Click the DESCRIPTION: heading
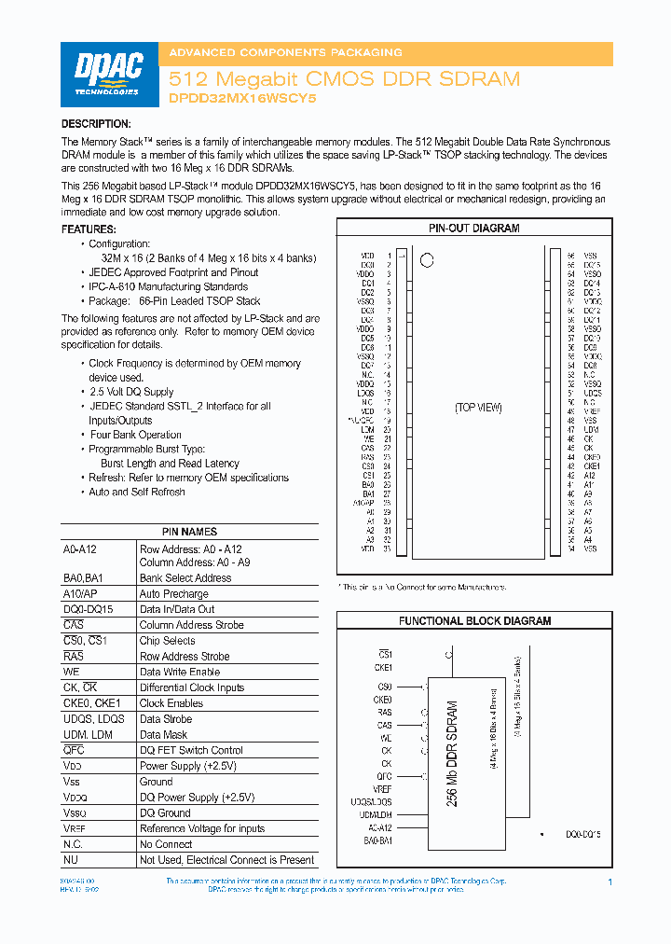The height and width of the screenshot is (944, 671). click(96, 124)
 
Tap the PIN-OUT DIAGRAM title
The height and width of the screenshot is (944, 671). click(473, 229)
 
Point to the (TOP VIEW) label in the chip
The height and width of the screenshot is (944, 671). click(478, 408)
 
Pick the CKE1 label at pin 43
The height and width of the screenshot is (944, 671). click(592, 466)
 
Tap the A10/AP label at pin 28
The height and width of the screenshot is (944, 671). click(363, 503)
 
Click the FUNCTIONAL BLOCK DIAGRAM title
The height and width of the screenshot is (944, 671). click(474, 620)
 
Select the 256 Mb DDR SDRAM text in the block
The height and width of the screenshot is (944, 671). click(452, 754)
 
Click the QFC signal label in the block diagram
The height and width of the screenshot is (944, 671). click(384, 775)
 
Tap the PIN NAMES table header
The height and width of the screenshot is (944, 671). click(190, 532)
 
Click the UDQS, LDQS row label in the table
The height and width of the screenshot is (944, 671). click(94, 719)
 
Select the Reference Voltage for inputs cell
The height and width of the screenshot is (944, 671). click(202, 828)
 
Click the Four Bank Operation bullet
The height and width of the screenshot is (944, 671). click(135, 435)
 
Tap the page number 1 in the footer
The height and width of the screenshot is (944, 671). click(609, 882)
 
